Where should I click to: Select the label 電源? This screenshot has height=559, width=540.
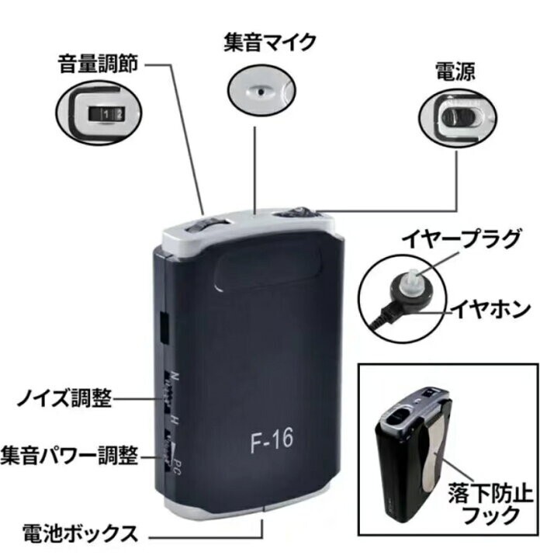coord(455,72)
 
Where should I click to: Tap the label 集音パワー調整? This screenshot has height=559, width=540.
coord(70,456)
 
